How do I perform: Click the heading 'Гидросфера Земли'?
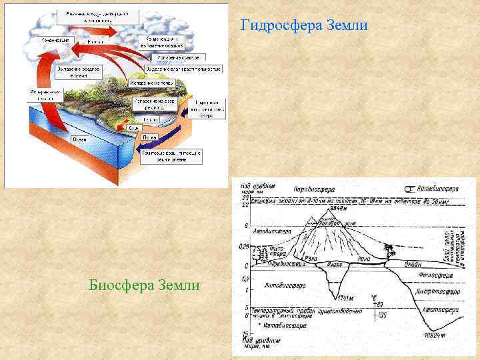point(303,26)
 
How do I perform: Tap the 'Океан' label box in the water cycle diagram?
point(79,139)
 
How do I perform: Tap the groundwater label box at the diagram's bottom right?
point(171,156)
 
